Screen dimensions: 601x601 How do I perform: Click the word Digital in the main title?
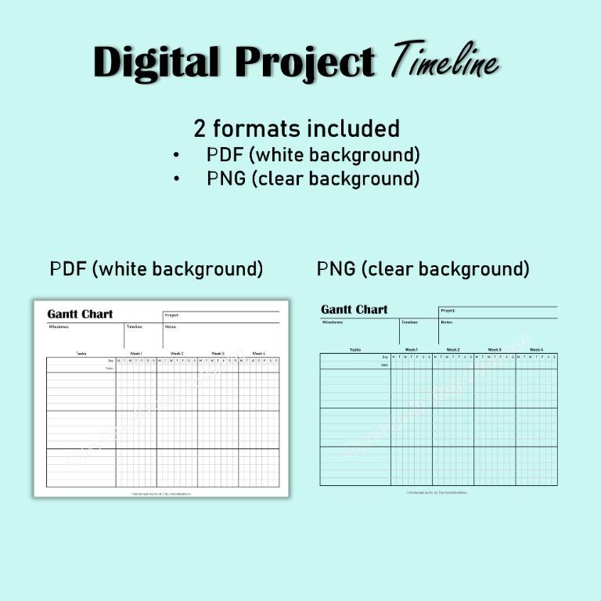[x=157, y=63]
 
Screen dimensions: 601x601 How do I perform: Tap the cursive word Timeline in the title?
[x=444, y=60]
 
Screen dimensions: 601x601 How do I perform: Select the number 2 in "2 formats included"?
[x=200, y=128]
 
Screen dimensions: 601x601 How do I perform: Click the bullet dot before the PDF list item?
[x=177, y=155]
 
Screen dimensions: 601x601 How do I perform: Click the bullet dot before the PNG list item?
[x=177, y=178]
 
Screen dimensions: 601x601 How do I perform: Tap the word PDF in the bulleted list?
[x=225, y=155]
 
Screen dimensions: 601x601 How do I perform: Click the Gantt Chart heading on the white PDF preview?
[x=80, y=314]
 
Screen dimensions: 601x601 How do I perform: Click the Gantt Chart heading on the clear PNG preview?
[x=354, y=310]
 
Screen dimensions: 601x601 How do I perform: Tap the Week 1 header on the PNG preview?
[x=411, y=350]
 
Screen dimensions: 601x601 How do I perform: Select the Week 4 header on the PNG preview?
[x=536, y=350]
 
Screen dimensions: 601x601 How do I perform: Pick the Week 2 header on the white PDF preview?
[x=177, y=354]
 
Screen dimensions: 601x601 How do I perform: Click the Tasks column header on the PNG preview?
[x=355, y=350]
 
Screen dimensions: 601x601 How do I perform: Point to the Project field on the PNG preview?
[x=448, y=311]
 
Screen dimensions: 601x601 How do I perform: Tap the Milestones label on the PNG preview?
[x=333, y=322]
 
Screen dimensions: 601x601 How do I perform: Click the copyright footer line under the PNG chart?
[x=438, y=492]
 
